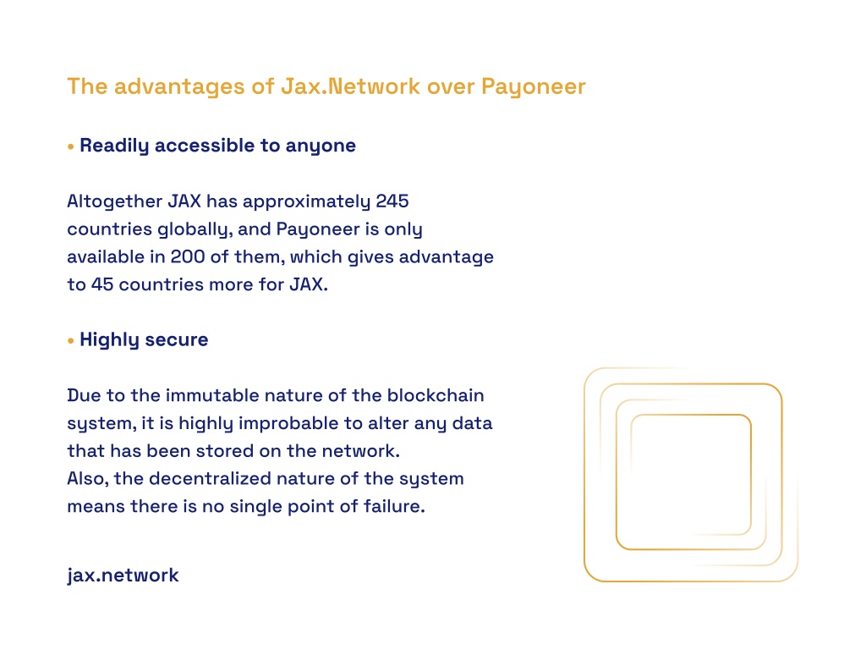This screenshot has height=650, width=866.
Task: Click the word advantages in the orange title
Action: [179, 87]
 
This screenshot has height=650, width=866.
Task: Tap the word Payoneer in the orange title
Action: [534, 87]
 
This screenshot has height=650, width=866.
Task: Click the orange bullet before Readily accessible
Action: [71, 146]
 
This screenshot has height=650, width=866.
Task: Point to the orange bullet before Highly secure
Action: [71, 340]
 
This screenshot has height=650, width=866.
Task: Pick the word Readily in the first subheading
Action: [114, 146]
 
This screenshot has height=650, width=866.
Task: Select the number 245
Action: [392, 201]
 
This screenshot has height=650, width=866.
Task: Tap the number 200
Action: [187, 256]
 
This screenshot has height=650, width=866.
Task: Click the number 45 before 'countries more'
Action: [102, 284]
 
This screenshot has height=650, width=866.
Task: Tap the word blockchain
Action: [436, 395]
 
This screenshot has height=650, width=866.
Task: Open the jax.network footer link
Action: [123, 576]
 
